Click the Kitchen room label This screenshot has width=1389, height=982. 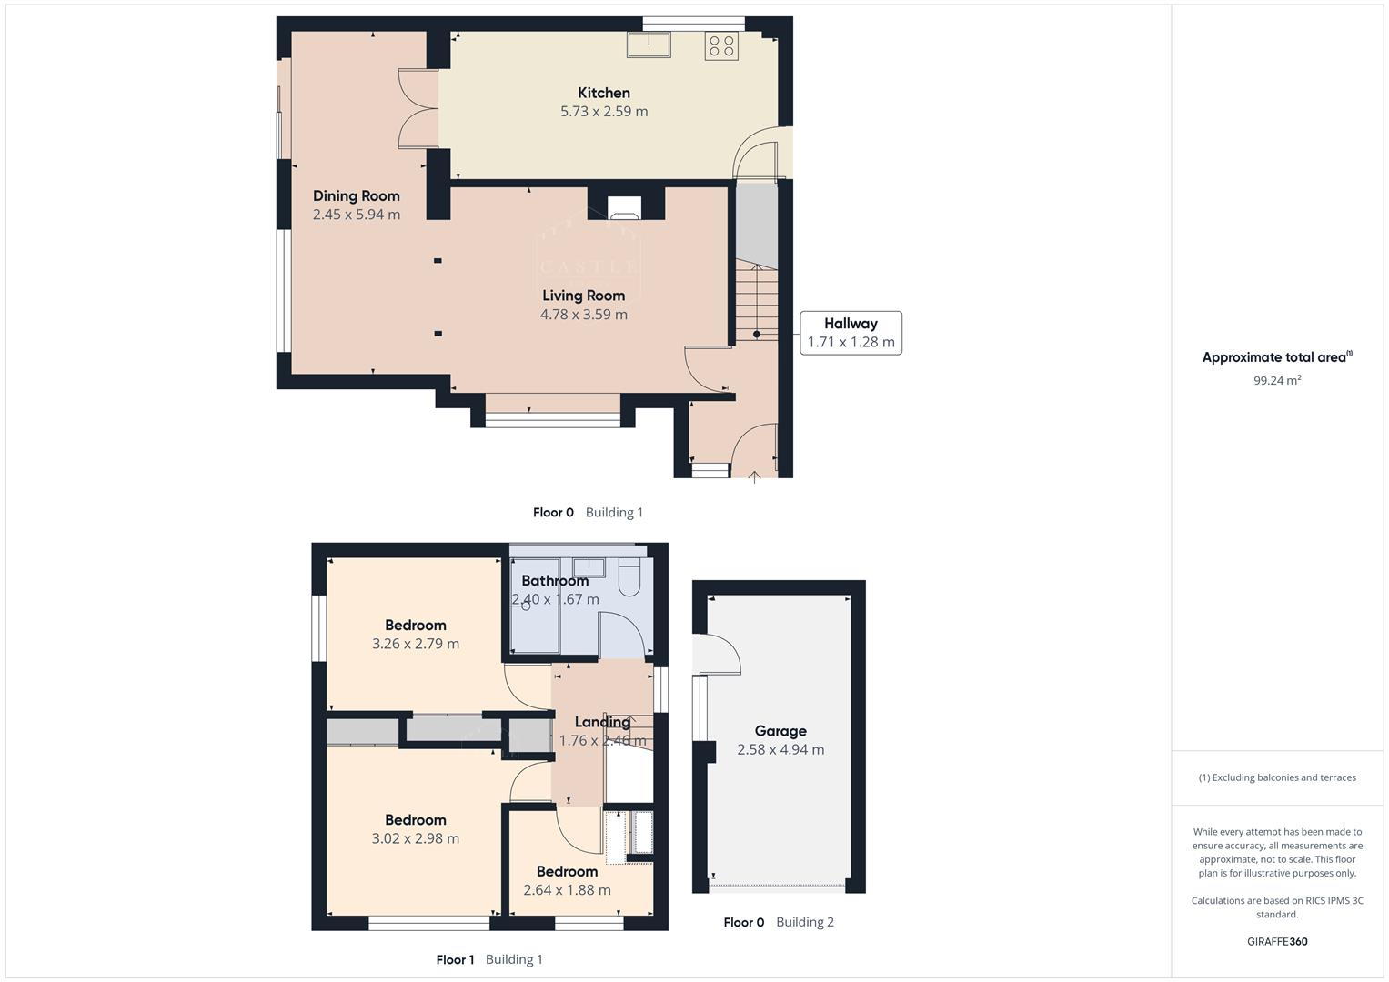pyautogui.click(x=603, y=93)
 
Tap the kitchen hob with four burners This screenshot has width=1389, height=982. pyautogui.click(x=721, y=46)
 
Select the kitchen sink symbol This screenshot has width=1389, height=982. pyautogui.click(x=649, y=44)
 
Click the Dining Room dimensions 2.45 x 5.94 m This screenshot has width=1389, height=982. pyautogui.click(x=356, y=215)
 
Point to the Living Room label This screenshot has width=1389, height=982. pyautogui.click(x=583, y=296)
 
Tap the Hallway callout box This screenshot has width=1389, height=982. pyautogui.click(x=851, y=333)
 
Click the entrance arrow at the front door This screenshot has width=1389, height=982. pyautogui.click(x=754, y=476)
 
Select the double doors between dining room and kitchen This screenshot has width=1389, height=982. pyautogui.click(x=418, y=109)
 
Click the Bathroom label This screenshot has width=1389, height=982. pyautogui.click(x=555, y=581)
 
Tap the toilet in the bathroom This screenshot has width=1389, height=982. pyautogui.click(x=629, y=576)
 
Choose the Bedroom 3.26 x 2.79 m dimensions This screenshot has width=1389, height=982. pyautogui.click(x=416, y=644)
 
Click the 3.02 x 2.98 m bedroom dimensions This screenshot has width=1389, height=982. pyautogui.click(x=416, y=838)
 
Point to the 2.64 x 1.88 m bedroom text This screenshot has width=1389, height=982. pyautogui.click(x=567, y=890)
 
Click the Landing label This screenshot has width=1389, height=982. pyautogui.click(x=601, y=722)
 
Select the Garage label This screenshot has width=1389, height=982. pyautogui.click(x=780, y=731)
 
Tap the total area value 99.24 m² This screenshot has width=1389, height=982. pyautogui.click(x=1277, y=380)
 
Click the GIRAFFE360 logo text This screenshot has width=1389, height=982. pyautogui.click(x=1277, y=941)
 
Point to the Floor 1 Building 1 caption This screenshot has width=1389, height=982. pyautogui.click(x=489, y=959)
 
